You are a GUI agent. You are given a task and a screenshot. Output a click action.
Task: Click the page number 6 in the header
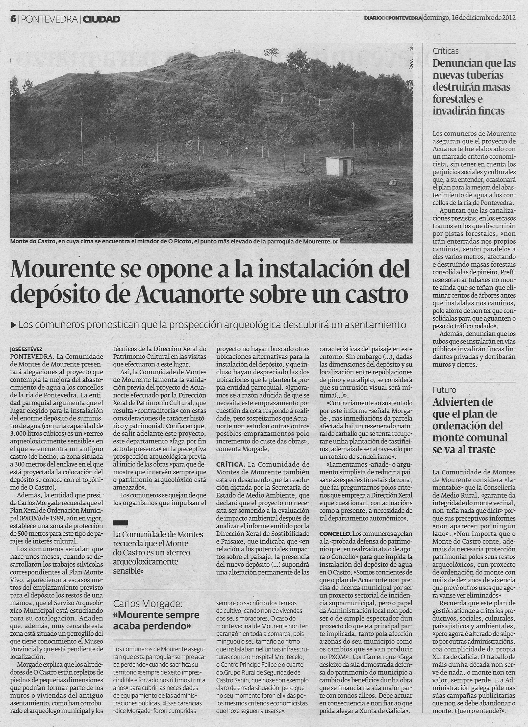click(x=13, y=19)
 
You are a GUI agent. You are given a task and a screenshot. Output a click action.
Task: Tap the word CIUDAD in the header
click(x=101, y=19)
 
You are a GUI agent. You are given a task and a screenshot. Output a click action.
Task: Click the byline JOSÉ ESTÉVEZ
click(x=26, y=349)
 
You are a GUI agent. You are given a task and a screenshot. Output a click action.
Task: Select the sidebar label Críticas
click(x=446, y=51)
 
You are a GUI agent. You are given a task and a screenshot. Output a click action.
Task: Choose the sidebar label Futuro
click(x=444, y=390)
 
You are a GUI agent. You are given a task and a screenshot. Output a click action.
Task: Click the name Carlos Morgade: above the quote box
click(x=148, y=604)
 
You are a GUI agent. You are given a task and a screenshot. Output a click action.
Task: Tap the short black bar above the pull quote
click(x=120, y=523)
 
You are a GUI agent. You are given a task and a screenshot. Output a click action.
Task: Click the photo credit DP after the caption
click(x=335, y=242)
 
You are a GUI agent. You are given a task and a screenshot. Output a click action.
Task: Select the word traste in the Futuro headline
click(x=482, y=449)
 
